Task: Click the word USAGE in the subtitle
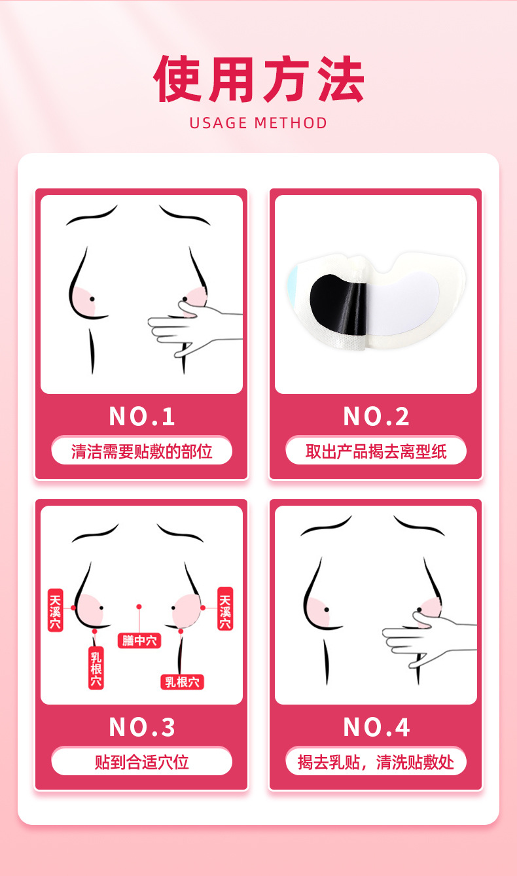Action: click(219, 123)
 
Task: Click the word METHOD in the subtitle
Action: click(291, 123)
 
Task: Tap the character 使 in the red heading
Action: click(178, 79)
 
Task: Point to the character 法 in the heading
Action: click(340, 79)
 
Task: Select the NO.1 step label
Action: click(141, 417)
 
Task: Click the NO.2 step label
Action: click(376, 417)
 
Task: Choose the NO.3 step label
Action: click(141, 727)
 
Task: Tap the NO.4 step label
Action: click(376, 727)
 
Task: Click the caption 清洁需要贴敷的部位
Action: click(141, 451)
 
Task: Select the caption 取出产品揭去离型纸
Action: click(376, 451)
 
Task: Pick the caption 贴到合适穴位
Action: click(141, 762)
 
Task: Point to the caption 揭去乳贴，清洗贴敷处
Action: click(376, 762)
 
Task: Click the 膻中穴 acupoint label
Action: click(139, 640)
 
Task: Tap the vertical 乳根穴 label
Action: click(96, 669)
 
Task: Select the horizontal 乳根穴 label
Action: click(182, 682)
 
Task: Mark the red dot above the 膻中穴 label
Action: click(139, 607)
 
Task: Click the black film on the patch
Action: click(338, 304)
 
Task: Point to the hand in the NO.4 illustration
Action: click(428, 639)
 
